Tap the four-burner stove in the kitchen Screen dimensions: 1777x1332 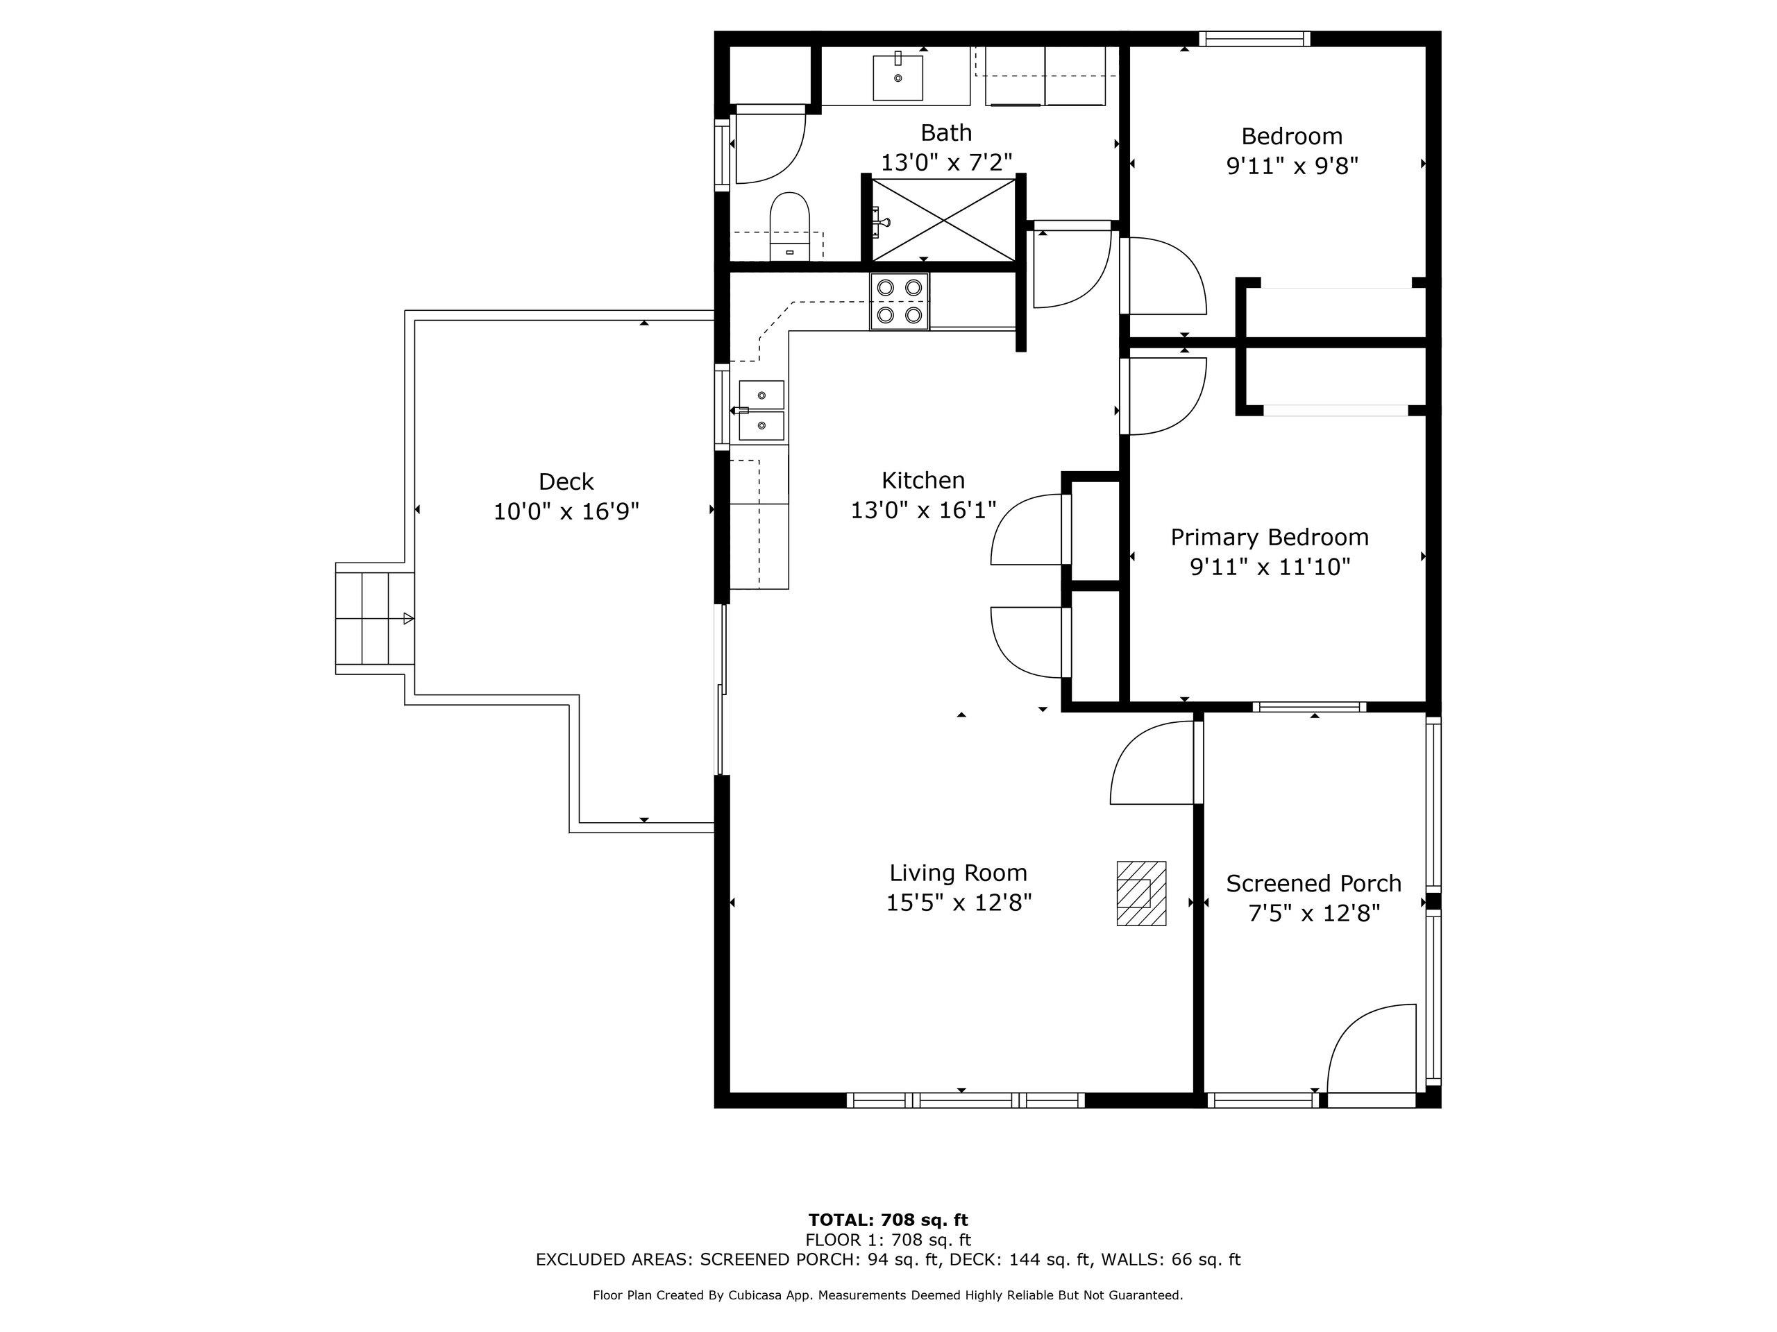pos(899,301)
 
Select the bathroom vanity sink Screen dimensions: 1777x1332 pos(898,76)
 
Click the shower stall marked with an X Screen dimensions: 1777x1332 pos(944,219)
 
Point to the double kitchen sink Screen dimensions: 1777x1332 pos(760,410)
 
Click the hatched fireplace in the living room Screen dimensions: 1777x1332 pos(1140,893)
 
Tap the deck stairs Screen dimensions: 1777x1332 pos(374,618)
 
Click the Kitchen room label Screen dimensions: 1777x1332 pos(923,480)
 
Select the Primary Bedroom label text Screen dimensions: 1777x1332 pos(1270,537)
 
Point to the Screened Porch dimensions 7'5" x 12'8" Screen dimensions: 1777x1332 pos(1313,913)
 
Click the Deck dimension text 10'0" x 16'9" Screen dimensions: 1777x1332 pos(566,511)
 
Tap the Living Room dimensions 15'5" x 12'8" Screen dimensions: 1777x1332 pos(959,903)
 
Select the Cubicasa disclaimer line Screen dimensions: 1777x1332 pos(888,1295)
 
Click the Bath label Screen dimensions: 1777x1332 pos(946,133)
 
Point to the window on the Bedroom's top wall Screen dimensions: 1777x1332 pos(1255,39)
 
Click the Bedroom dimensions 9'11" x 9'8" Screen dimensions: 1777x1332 pos(1292,166)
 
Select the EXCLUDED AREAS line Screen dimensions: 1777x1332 pos(888,1259)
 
